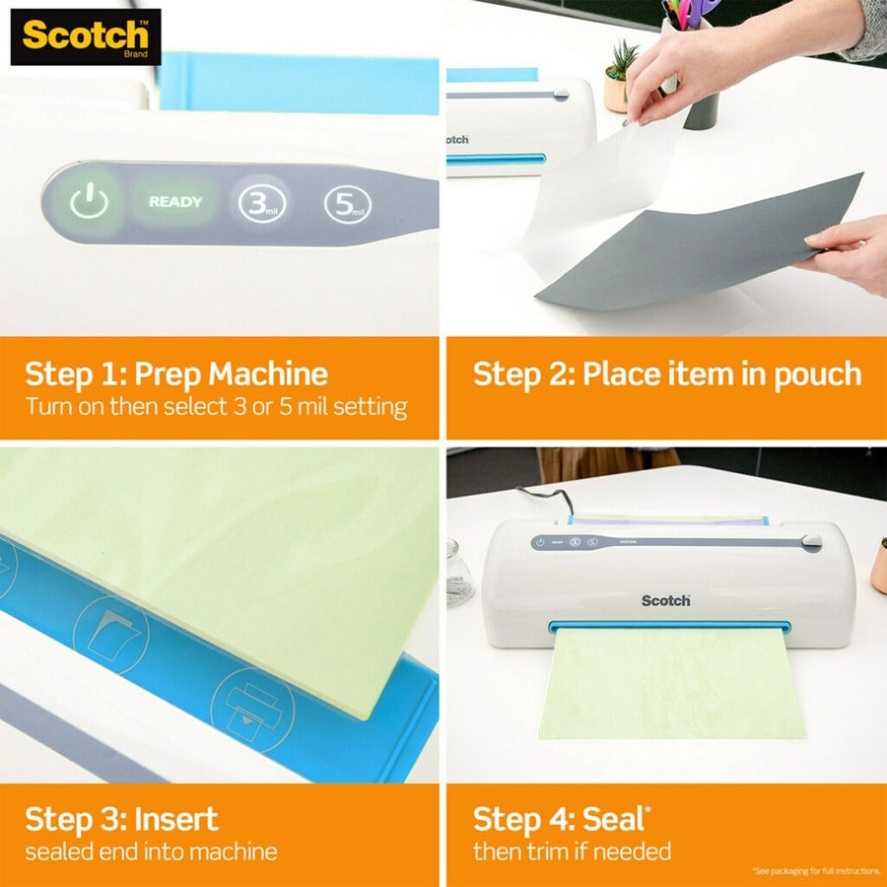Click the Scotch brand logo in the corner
click(85, 36)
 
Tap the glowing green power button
click(89, 203)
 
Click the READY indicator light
click(175, 202)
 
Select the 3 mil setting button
click(261, 204)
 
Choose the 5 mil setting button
click(348, 204)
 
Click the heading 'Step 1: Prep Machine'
click(176, 375)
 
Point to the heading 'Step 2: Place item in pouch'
click(667, 375)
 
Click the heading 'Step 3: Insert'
click(121, 819)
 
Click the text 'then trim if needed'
click(572, 851)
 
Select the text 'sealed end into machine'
click(151, 852)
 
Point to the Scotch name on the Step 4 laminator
click(666, 600)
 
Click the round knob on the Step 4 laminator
click(810, 542)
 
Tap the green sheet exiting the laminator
click(670, 685)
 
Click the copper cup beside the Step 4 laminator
click(878, 568)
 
